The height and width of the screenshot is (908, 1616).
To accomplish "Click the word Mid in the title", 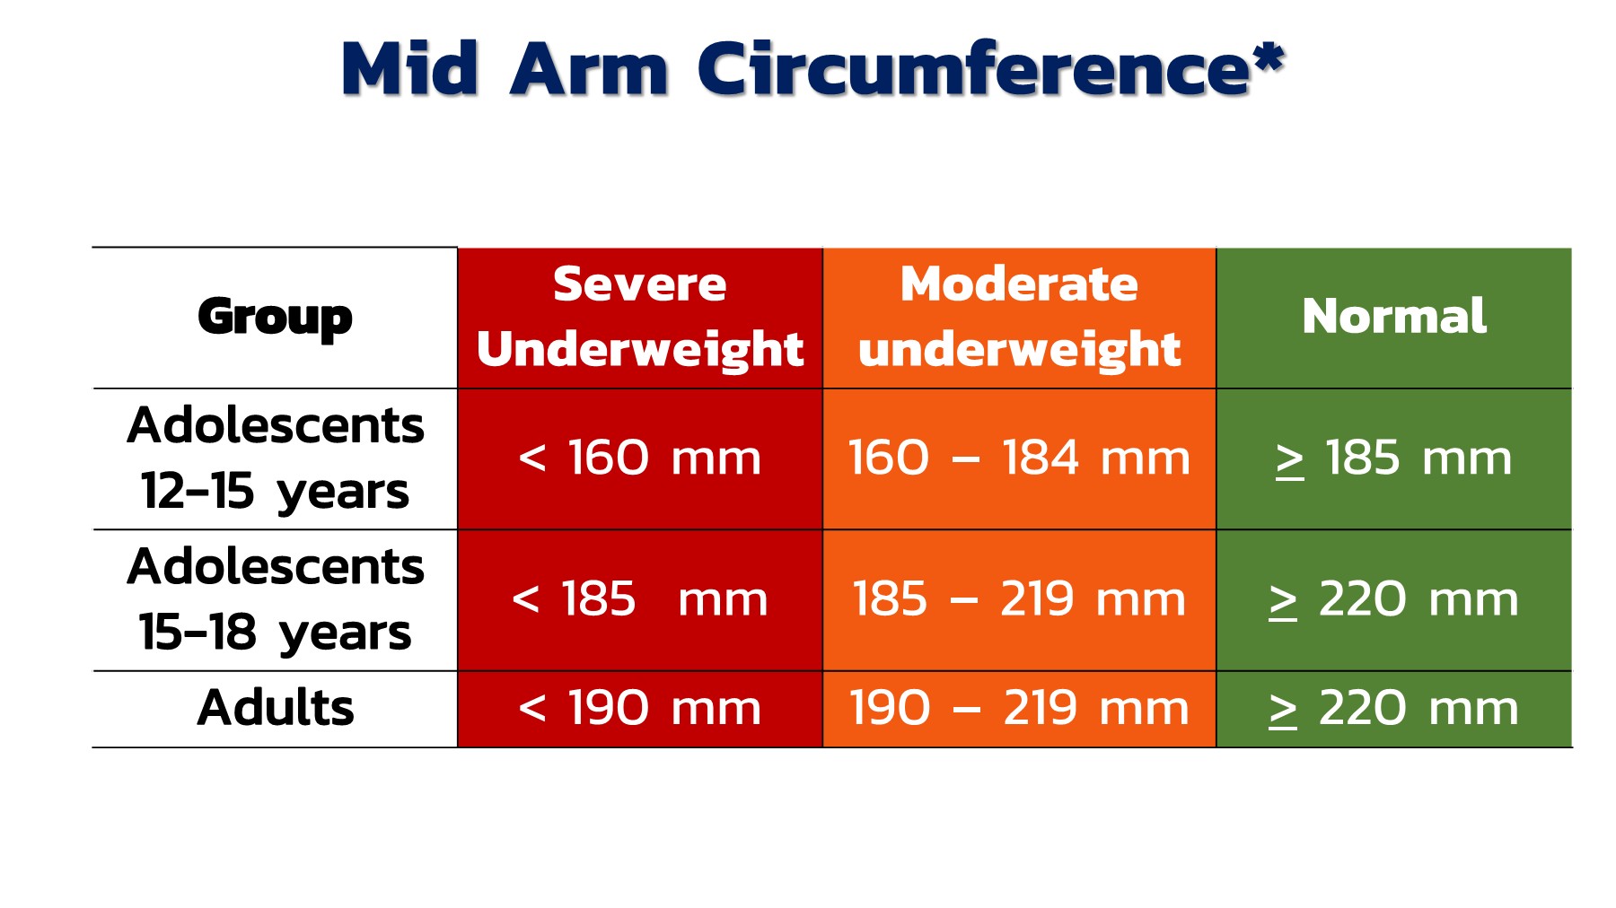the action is [410, 69].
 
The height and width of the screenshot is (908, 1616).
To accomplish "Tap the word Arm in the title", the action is [590, 69].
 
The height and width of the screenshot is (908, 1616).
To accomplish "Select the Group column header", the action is [276, 318].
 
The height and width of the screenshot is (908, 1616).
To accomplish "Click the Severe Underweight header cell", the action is [640, 317].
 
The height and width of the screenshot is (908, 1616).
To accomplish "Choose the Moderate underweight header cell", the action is [1019, 317].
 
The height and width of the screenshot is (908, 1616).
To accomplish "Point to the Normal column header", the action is [1394, 317].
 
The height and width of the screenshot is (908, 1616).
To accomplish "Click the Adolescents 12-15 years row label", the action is [276, 458].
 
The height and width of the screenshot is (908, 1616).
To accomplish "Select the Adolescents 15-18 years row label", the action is [276, 599].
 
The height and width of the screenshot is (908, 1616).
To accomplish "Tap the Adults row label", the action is [276, 708].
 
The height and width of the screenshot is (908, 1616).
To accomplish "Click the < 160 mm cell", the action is [640, 458].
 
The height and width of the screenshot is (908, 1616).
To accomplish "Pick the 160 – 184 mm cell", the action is [1019, 458].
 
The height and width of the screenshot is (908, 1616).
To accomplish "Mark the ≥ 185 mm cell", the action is [1394, 458].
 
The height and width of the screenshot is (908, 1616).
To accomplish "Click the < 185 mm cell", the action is [640, 599].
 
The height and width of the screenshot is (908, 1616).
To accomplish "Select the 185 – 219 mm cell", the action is [1019, 599].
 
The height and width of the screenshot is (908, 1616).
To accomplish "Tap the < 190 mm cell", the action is [640, 708].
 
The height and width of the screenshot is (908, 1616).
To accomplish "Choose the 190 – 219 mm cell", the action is [1019, 708].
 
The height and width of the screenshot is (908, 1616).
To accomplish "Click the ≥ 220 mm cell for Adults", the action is [1394, 708].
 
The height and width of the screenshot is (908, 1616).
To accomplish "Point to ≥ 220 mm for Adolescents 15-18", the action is [1394, 599].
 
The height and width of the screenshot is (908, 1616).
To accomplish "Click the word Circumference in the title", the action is [974, 69].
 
